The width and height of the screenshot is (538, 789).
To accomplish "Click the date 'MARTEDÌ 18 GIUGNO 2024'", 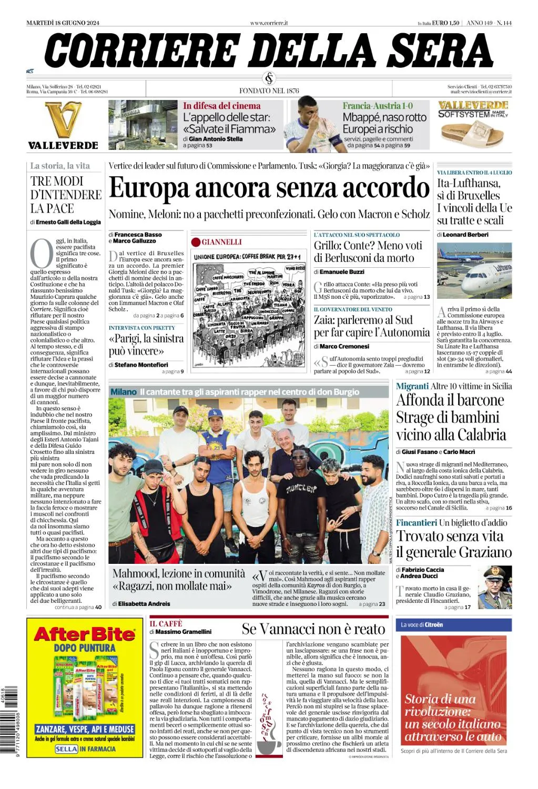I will point(63,23).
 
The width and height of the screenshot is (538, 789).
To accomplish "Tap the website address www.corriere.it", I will point(269,23).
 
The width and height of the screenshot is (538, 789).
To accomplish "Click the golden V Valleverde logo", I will point(63,120).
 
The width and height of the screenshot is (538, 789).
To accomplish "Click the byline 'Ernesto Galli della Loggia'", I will point(68,222).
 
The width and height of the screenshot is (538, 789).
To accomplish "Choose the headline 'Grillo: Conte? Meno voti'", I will point(368,246).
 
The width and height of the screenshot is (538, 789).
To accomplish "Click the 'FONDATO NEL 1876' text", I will point(269,90).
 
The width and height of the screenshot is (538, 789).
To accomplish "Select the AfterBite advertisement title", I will point(85,634).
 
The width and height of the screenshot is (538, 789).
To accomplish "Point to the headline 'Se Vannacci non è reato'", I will point(313,629).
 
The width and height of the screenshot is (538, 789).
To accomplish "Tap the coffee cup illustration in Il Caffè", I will point(269,742).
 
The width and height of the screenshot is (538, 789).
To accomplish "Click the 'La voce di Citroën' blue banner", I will point(455,624).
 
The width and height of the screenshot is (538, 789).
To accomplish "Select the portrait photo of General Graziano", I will point(497,587).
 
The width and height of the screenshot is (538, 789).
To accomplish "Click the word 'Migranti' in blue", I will point(412,386).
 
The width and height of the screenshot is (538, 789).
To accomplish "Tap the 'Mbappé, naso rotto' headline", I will point(384,117).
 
